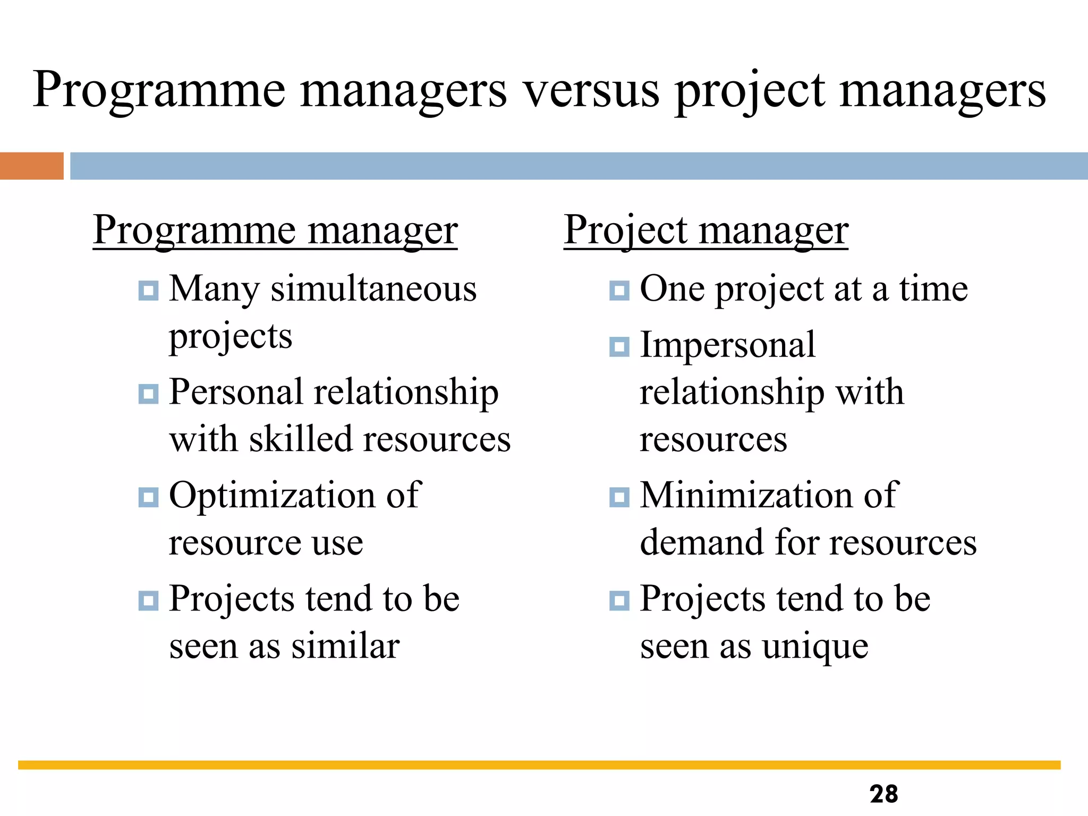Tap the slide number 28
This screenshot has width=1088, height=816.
pos(883,794)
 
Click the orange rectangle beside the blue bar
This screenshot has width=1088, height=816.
pos(31,166)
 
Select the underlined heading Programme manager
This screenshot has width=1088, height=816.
pos(275,230)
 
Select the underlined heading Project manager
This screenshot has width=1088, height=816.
pos(705,230)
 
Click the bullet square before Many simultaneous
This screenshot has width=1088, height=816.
pos(148,291)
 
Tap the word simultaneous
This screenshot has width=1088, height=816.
pos(373,290)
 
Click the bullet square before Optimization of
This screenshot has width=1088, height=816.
pos(148,497)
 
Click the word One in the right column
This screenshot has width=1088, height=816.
pos(672,290)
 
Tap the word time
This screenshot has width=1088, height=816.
pos(933,290)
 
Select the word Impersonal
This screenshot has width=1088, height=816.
pos(727,345)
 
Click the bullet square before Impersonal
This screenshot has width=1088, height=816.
pos(619,347)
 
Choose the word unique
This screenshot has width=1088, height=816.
pos(815,648)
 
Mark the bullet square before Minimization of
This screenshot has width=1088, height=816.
pos(619,497)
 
